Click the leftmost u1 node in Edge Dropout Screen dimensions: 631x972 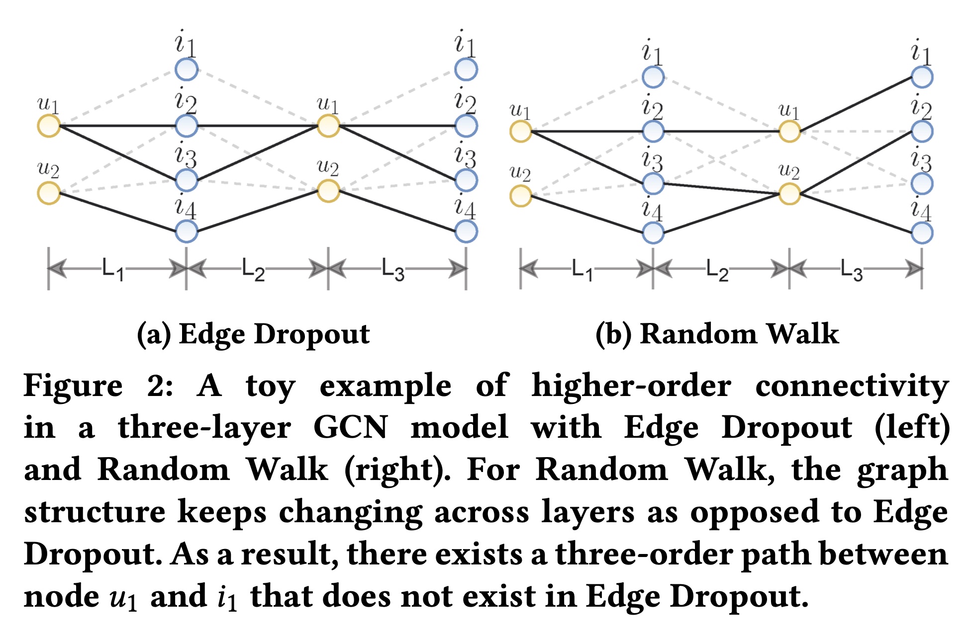coord(49,125)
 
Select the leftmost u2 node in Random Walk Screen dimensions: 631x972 coord(521,195)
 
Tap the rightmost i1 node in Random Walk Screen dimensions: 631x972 coord(922,77)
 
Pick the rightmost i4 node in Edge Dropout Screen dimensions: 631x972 coord(466,232)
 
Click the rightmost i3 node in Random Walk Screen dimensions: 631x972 coord(922,183)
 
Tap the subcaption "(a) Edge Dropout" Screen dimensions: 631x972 coord(253,334)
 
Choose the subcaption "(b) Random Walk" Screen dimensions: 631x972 coord(717,334)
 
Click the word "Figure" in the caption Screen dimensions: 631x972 coord(73,386)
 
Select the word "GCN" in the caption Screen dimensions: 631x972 coord(350,427)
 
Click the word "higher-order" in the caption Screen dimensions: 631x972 coord(631,386)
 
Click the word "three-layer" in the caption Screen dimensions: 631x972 coord(204,428)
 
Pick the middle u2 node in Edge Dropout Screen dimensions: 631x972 coord(328,191)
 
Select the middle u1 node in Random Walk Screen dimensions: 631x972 coord(789,132)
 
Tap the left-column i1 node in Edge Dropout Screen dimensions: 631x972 coord(187,70)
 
